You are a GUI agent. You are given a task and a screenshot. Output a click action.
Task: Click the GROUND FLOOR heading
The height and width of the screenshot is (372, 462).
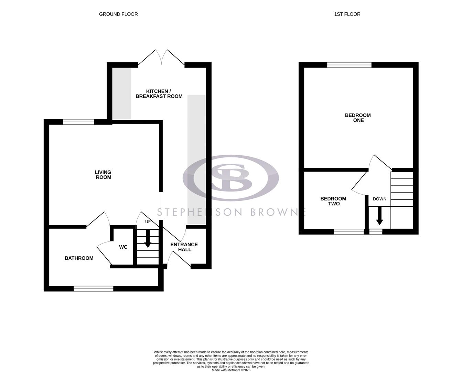(118, 14)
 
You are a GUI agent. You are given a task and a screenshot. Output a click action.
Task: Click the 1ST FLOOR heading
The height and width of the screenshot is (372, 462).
(347, 14)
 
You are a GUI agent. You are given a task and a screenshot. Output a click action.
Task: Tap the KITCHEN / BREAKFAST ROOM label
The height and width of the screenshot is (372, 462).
(159, 94)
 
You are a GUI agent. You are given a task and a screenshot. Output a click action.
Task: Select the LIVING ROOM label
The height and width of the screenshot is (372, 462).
(103, 175)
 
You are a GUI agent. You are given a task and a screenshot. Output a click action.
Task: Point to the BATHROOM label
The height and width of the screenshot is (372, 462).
(79, 258)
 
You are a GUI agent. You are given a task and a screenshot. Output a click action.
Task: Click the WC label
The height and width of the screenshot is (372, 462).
(123, 247)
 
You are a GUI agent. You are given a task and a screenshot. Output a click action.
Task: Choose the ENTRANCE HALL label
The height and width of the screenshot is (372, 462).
(184, 247)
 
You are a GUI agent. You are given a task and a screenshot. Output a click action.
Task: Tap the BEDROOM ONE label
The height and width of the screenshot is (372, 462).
(358, 118)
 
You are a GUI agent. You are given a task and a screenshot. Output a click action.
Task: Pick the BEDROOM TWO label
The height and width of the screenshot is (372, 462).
(333, 201)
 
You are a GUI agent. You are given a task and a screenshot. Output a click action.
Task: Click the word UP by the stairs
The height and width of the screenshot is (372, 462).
(148, 222)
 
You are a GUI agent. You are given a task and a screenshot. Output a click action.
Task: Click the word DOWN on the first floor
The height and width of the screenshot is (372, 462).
(379, 199)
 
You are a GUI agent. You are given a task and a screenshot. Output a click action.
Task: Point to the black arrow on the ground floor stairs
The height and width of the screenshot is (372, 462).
(148, 240)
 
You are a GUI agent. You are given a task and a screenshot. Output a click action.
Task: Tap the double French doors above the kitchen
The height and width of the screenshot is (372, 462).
(161, 58)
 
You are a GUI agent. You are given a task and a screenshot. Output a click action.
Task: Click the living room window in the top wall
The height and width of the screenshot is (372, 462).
(78, 122)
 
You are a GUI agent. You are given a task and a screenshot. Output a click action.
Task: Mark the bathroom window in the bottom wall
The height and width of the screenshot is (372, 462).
(93, 289)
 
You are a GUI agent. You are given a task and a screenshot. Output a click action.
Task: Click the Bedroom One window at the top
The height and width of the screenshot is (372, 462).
(349, 65)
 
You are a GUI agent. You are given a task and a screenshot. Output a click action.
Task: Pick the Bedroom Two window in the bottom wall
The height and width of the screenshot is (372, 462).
(349, 232)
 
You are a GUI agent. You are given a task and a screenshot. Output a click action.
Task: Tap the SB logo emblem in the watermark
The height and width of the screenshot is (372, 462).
(230, 178)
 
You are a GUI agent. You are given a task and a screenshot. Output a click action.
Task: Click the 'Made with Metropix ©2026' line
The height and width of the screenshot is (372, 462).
(231, 370)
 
